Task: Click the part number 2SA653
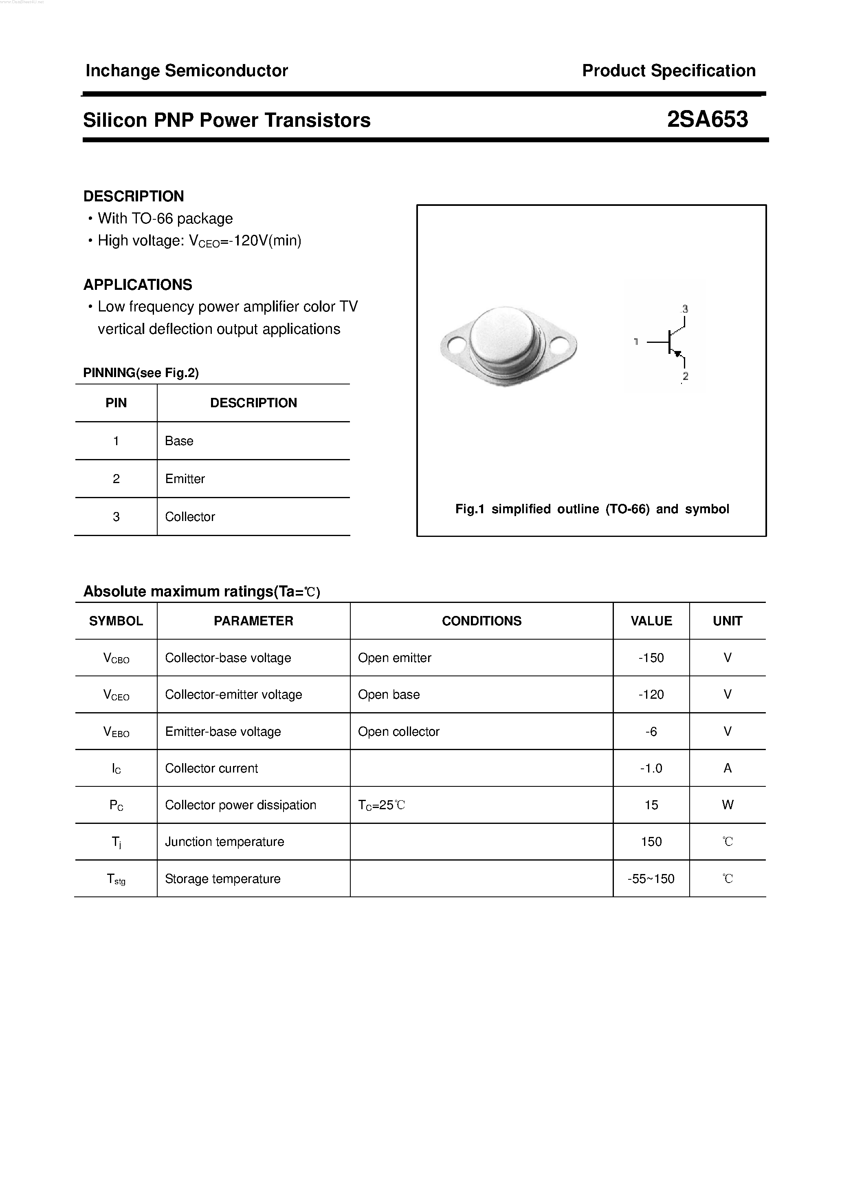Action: (707, 120)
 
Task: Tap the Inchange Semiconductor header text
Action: (186, 71)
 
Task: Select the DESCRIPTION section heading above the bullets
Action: (133, 196)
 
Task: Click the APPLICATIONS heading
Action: (137, 285)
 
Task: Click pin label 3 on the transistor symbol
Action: (685, 309)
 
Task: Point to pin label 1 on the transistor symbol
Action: (635, 342)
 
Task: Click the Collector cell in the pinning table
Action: (190, 517)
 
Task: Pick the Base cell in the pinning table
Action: (179, 441)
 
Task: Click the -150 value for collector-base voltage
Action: (651, 658)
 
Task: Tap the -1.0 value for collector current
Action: (651, 768)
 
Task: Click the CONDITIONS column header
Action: (481, 621)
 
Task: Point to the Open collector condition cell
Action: (398, 731)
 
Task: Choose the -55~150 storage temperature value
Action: (651, 879)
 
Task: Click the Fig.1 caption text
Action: (591, 509)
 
